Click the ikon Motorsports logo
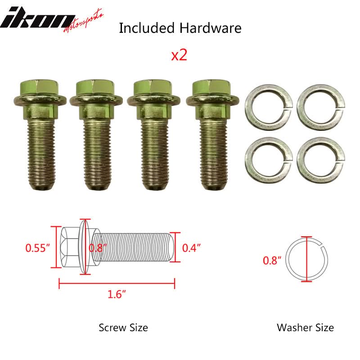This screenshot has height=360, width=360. [x=52, y=21]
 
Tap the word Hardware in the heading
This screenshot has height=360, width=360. [x=210, y=28]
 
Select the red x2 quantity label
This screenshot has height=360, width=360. [x=179, y=55]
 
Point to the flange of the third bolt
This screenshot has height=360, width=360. [x=153, y=100]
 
